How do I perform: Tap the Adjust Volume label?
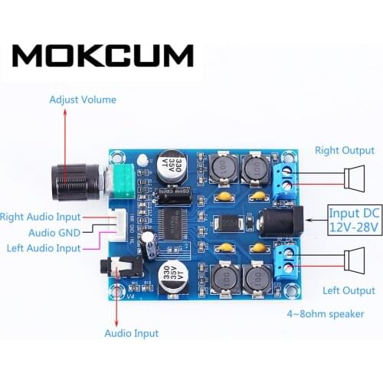pyautogui.click(x=83, y=100)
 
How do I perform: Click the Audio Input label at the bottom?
pyautogui.click(x=131, y=333)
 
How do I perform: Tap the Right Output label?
pyautogui.click(x=342, y=151)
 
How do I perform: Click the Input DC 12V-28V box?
pyautogui.click(x=354, y=219)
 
